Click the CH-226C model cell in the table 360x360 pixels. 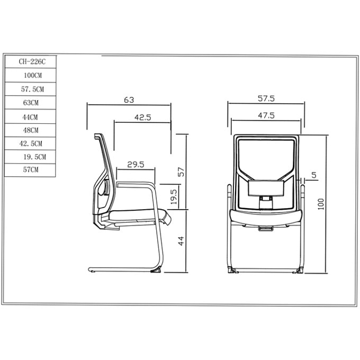pos(31,62)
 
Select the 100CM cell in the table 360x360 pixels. pos(31,75)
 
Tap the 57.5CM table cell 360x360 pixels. pos(31,89)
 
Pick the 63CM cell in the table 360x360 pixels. pos(31,103)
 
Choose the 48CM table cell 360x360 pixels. pos(30,130)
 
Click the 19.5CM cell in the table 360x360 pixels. pos(30,157)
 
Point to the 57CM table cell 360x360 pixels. pos(30,170)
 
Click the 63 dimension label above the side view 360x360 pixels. pos(129,100)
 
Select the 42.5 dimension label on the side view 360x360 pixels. pos(142,118)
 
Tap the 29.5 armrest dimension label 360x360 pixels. pos(136,165)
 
